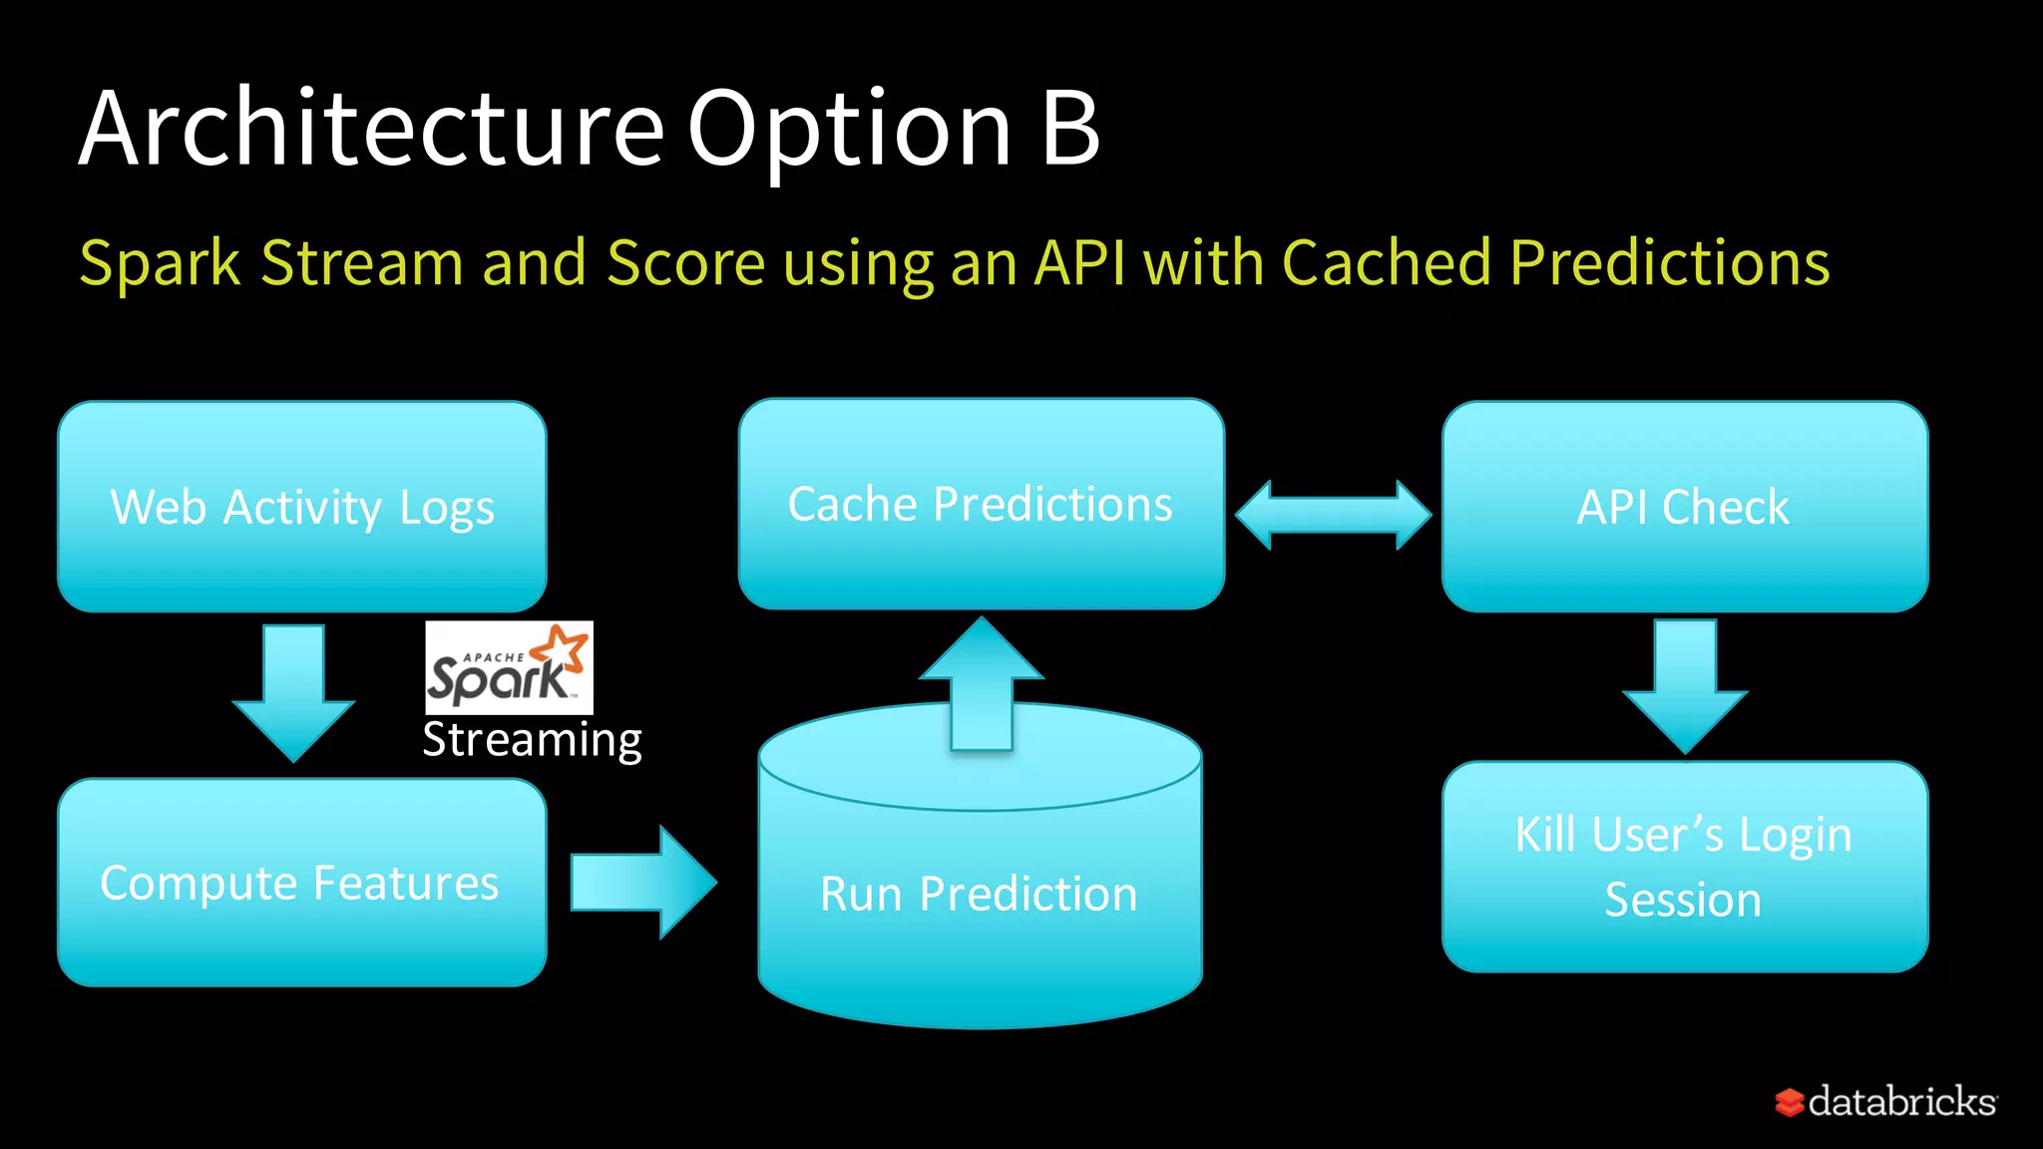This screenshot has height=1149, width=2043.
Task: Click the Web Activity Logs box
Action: [301, 507]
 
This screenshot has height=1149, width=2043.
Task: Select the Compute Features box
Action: [301, 883]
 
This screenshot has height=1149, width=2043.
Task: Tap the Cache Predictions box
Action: [981, 504]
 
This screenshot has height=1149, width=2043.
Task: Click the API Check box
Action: [1684, 507]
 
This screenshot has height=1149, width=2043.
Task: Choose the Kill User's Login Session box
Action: [1684, 866]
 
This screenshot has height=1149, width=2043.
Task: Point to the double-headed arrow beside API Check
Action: [1333, 515]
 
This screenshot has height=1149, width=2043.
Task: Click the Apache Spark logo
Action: [509, 667]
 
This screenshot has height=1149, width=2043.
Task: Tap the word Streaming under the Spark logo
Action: [532, 740]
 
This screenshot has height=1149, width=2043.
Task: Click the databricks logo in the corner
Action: [1885, 1101]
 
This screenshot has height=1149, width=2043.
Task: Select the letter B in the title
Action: [1070, 128]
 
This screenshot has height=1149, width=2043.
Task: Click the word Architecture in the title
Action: [371, 128]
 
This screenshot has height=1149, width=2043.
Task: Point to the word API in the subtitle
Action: [1080, 262]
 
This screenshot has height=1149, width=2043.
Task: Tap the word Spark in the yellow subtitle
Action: [160, 264]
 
